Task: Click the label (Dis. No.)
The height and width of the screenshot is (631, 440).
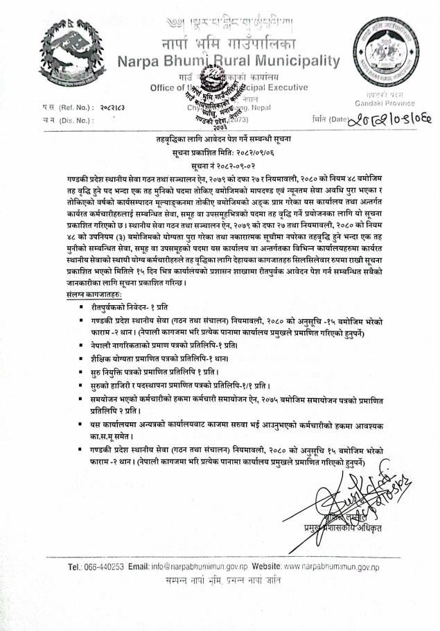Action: (71, 120)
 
